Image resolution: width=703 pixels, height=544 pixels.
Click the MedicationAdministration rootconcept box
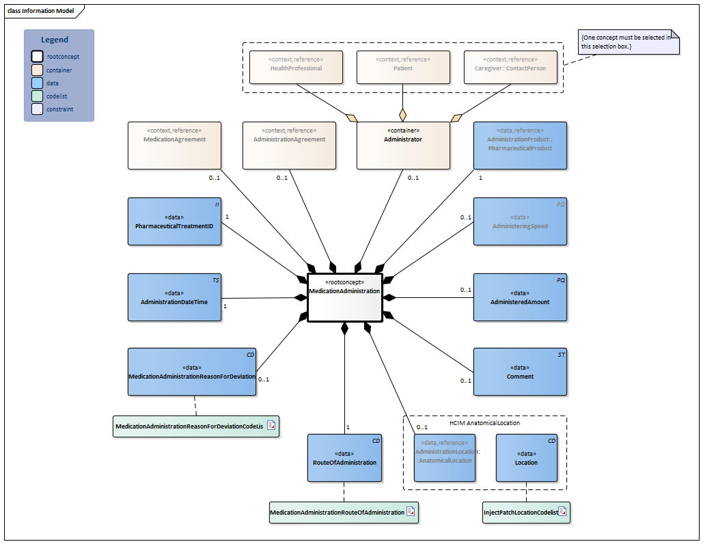[x=344, y=297]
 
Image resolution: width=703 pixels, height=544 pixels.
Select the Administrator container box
[x=403, y=145]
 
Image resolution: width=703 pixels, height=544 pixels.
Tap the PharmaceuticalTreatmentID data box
[x=175, y=221]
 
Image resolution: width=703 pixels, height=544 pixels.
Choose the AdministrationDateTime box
[x=175, y=297]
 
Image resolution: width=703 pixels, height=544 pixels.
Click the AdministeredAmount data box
[x=520, y=297]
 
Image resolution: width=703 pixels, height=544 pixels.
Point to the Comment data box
[x=520, y=372]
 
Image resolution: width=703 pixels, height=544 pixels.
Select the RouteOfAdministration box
[x=344, y=458]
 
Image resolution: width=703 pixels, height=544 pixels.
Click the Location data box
[x=526, y=458]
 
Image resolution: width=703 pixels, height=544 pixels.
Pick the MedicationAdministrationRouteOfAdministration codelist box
[x=337, y=512]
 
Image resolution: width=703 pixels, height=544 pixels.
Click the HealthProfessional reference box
[x=296, y=66]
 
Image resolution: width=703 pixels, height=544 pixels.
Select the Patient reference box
[x=403, y=66]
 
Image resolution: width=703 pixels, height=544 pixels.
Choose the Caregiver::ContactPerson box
[x=510, y=66]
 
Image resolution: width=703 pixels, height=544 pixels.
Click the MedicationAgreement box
[x=175, y=145]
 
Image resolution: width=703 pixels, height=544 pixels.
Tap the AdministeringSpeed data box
[x=520, y=221]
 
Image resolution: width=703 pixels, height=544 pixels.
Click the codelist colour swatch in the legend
[x=37, y=96]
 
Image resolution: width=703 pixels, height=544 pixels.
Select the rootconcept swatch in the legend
[x=37, y=57]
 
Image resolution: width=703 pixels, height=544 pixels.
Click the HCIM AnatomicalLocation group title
[x=484, y=423]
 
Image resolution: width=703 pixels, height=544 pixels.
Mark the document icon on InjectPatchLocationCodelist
[x=562, y=511]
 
